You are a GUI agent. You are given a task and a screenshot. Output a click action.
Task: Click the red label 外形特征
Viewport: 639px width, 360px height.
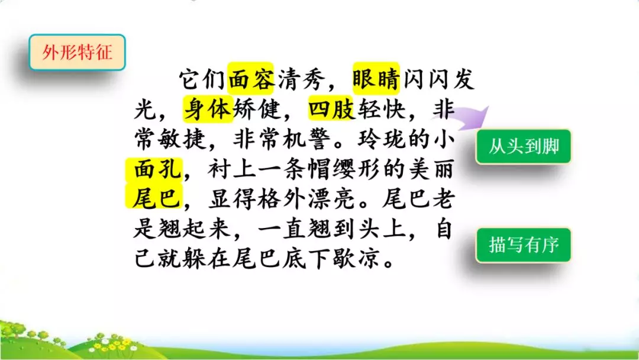point(77,54)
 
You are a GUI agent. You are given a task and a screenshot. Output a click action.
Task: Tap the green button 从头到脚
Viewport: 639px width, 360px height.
point(524,146)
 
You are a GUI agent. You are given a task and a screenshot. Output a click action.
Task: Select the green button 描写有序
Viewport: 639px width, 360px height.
point(524,245)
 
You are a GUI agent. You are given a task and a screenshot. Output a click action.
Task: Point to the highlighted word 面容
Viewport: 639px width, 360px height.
point(250,79)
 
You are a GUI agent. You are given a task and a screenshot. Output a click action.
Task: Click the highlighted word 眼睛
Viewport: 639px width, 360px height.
point(376,79)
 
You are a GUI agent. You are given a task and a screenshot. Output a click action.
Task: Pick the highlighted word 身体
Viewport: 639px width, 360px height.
point(207,109)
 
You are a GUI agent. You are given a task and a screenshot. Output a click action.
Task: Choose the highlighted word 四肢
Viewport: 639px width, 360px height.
point(331,109)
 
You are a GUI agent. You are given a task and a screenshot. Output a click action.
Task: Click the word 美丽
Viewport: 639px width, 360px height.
point(431,170)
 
